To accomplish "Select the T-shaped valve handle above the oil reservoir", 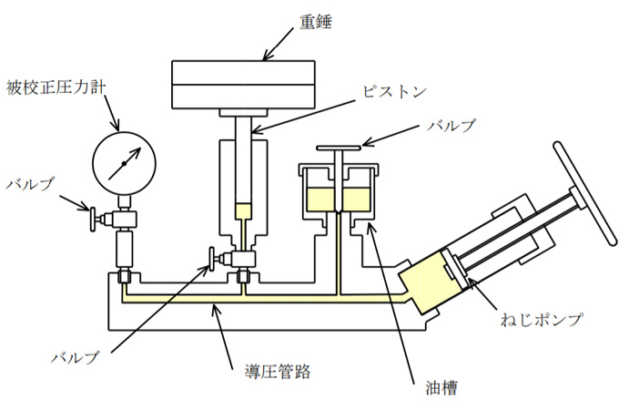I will click(x=338, y=149).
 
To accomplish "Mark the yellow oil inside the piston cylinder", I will click(x=242, y=211).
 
